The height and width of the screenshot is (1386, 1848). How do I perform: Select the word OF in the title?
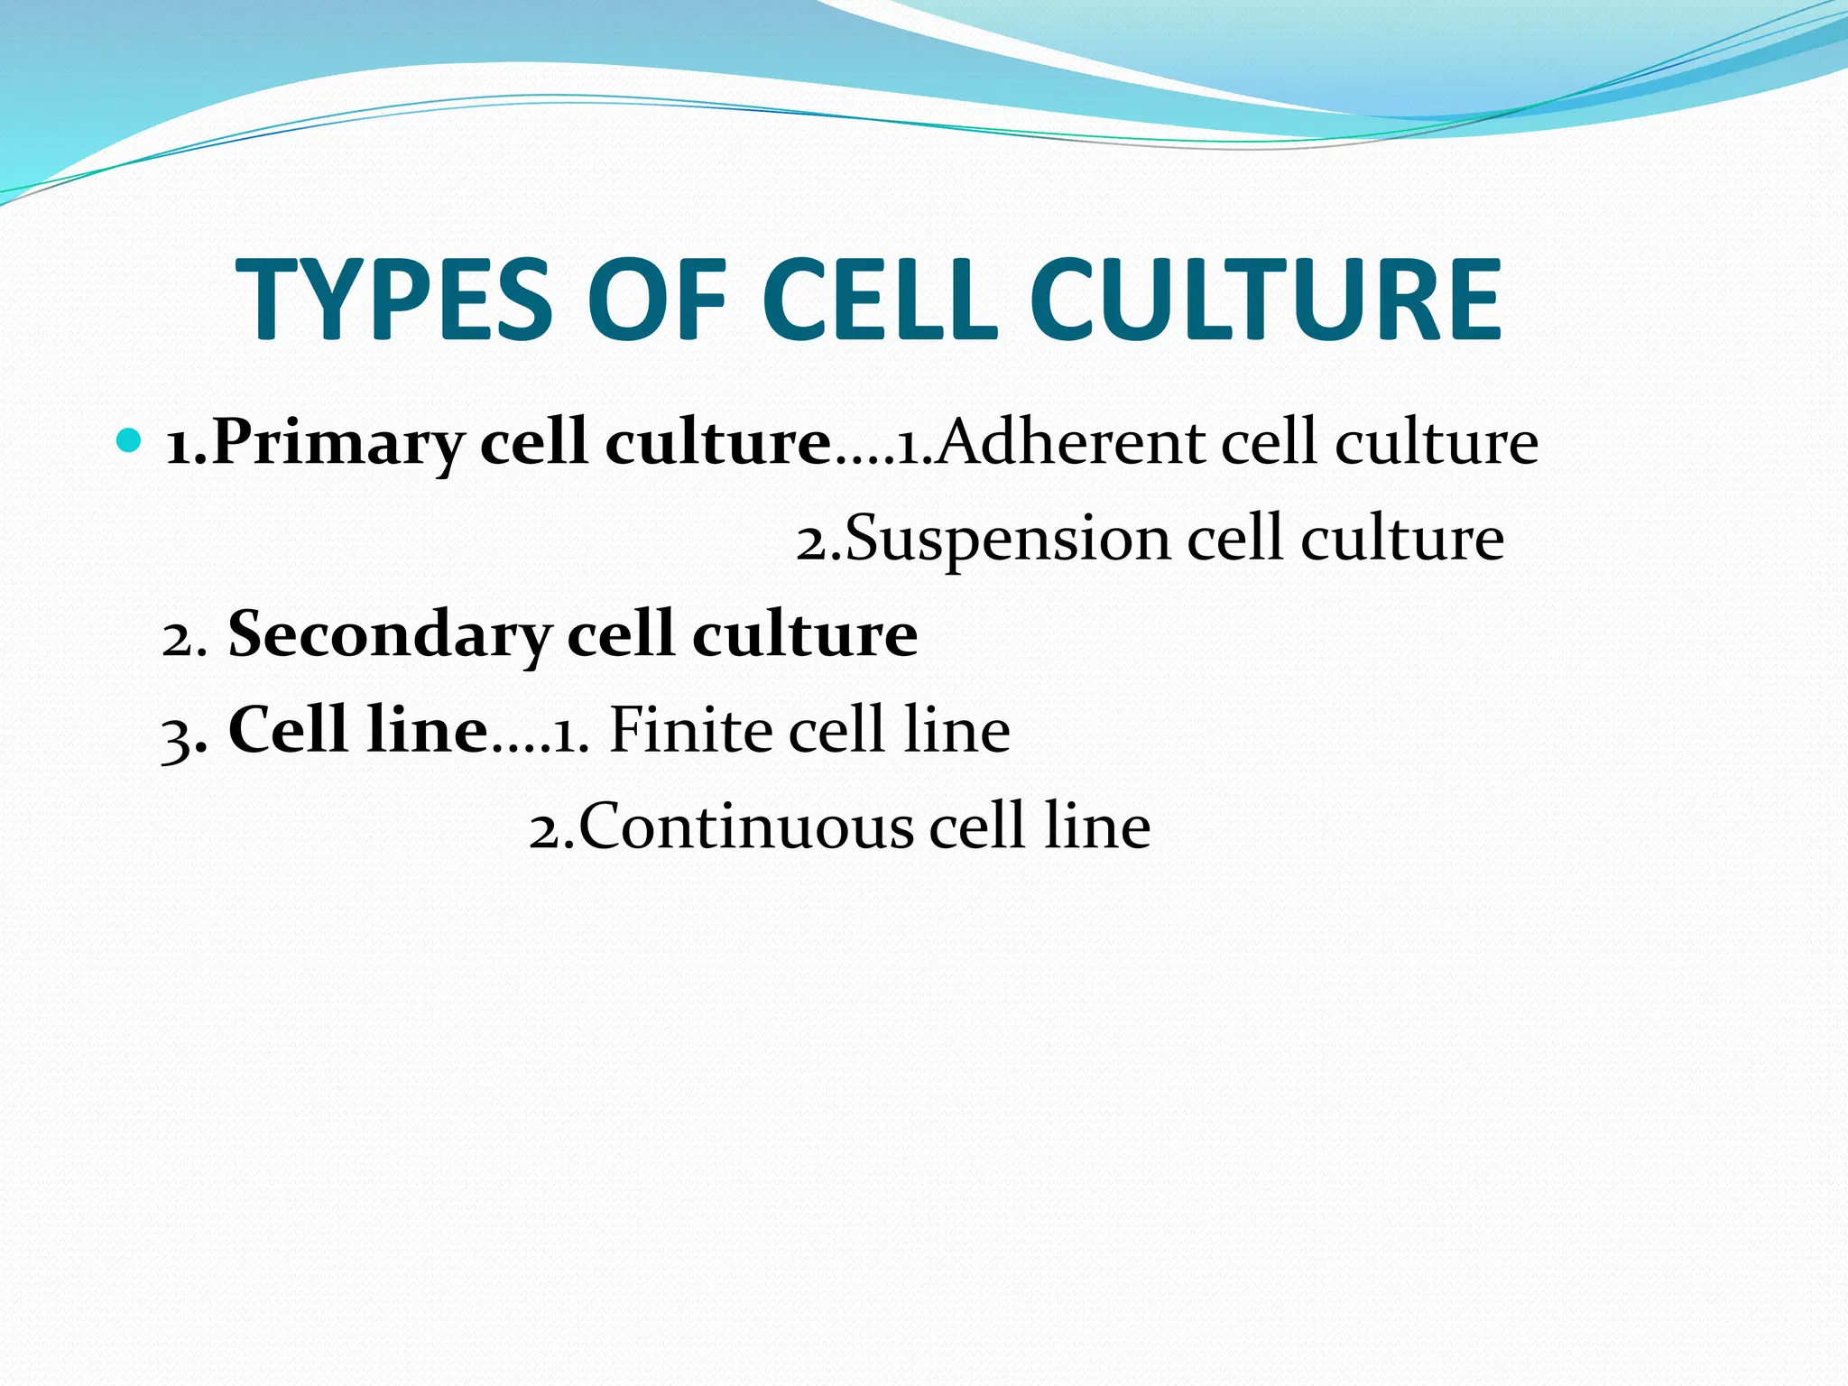click(x=656, y=300)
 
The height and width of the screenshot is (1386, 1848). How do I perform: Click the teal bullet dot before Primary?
click(x=130, y=441)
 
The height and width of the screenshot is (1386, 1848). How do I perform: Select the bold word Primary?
click(x=338, y=445)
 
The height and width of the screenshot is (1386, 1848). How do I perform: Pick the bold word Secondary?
click(x=390, y=634)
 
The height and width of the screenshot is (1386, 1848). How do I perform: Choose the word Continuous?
click(x=745, y=826)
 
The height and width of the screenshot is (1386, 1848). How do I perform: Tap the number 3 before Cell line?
click(x=176, y=735)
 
